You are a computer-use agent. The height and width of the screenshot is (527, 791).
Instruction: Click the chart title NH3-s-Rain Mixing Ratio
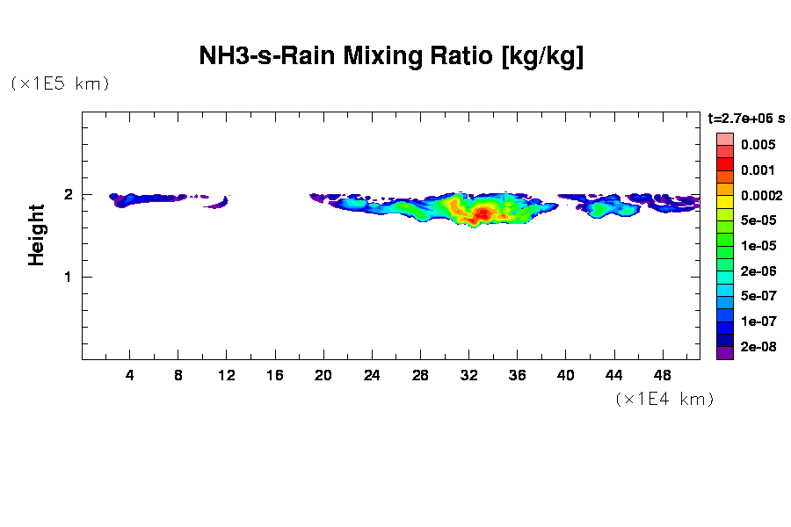click(391, 57)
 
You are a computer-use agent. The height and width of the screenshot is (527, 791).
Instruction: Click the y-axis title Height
click(36, 235)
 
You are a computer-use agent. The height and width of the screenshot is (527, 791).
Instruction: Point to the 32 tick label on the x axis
click(468, 376)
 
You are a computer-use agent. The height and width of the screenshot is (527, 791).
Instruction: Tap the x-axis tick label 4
click(130, 376)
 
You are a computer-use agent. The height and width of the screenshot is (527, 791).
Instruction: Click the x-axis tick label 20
click(323, 376)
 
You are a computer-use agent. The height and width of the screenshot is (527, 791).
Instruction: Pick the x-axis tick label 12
click(227, 376)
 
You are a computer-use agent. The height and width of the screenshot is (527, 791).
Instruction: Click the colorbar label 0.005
click(758, 145)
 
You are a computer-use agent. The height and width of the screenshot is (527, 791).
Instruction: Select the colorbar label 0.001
click(758, 170)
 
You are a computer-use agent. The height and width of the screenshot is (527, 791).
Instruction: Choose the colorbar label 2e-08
click(758, 347)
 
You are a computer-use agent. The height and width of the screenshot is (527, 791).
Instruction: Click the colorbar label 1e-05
click(758, 246)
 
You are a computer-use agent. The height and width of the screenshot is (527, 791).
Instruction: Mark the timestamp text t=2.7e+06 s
click(746, 118)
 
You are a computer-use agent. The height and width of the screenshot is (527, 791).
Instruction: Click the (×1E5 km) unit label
click(60, 84)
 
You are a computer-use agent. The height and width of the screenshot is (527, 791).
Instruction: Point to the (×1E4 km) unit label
click(664, 399)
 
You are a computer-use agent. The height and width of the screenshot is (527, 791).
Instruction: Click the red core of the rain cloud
click(483, 213)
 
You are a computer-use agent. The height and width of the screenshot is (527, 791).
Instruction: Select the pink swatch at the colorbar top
click(725, 139)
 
